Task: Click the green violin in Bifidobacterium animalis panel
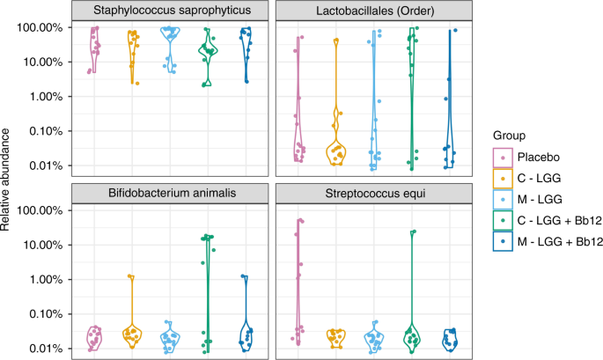click(208, 290)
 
